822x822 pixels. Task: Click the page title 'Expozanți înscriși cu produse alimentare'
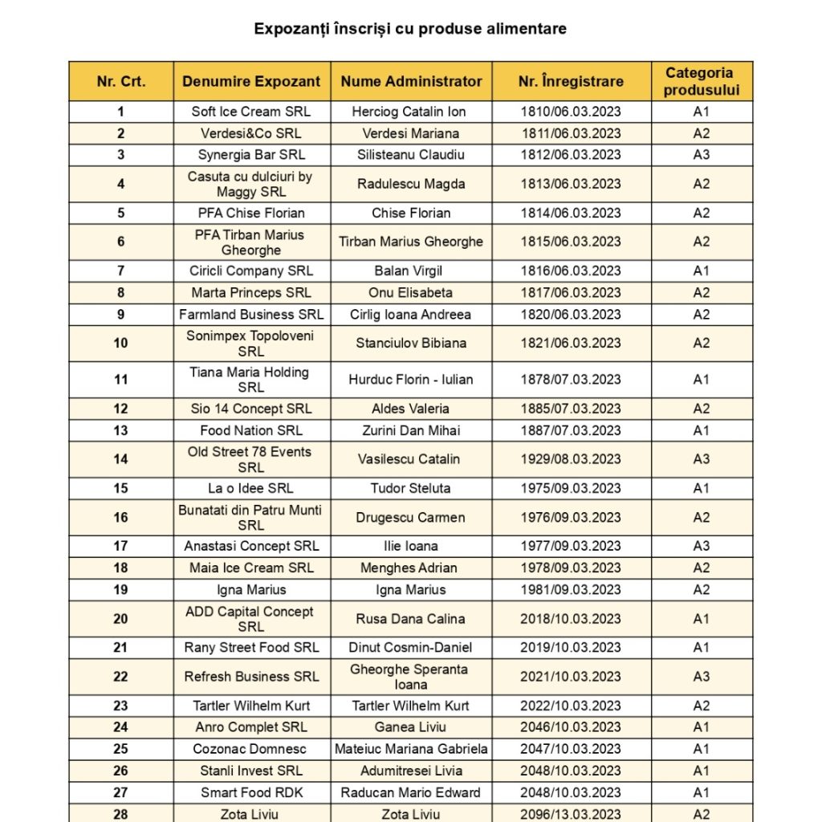click(x=410, y=29)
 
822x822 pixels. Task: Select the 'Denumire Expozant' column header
click(x=251, y=81)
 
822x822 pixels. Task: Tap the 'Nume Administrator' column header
click(x=411, y=81)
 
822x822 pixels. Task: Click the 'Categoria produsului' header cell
click(x=701, y=81)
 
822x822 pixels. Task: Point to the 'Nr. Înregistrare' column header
click(x=571, y=81)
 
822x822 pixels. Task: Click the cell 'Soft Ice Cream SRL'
click(x=251, y=112)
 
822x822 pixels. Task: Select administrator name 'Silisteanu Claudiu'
click(x=411, y=155)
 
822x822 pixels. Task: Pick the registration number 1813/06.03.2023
click(x=571, y=184)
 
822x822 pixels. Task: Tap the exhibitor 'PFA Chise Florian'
click(x=251, y=213)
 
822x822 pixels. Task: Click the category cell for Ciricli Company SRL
click(x=701, y=271)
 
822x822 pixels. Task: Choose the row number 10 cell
click(x=120, y=343)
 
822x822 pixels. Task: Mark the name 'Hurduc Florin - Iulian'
click(x=411, y=379)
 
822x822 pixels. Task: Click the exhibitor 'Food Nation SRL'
click(x=251, y=430)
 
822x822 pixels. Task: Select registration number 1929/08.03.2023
click(x=571, y=459)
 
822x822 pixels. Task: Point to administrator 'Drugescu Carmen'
click(x=411, y=517)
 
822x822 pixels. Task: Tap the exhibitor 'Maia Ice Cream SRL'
click(x=251, y=568)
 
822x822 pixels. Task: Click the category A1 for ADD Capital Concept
click(x=701, y=619)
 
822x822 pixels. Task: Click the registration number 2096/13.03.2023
click(x=571, y=814)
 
